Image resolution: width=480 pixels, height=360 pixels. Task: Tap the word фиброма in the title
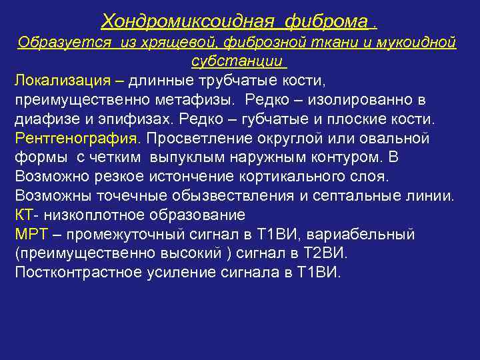pos(326,22)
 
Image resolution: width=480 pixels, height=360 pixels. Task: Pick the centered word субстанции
pos(238,62)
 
